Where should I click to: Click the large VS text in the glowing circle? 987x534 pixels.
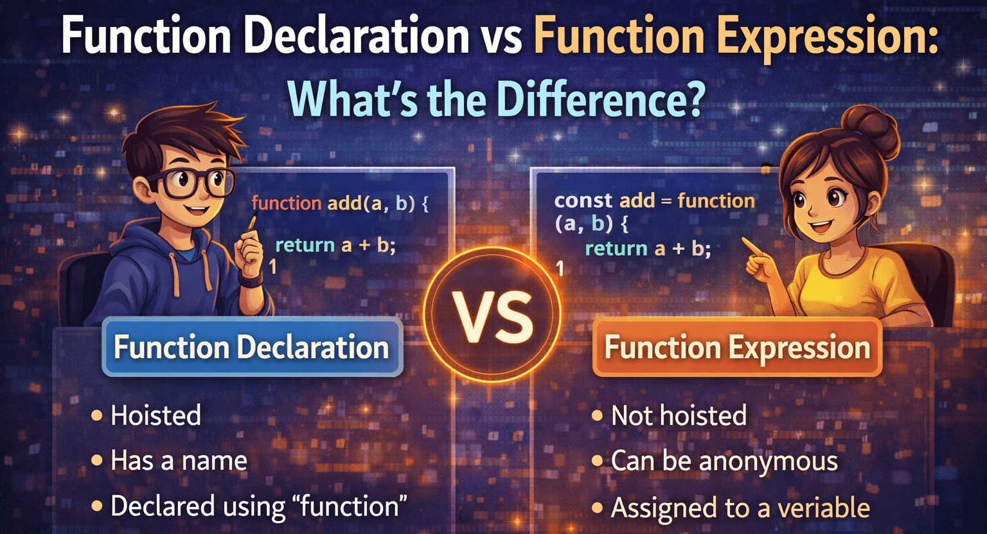point(493,316)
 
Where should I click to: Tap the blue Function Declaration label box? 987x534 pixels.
point(253,348)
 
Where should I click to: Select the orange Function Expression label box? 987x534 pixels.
point(737,348)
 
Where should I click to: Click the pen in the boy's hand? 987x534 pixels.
point(252,225)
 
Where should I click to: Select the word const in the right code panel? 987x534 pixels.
point(583,200)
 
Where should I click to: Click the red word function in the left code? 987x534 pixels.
point(287,203)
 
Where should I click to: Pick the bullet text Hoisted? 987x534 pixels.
point(156,416)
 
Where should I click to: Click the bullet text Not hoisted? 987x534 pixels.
point(679,416)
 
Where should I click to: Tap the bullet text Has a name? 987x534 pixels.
point(179,461)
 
